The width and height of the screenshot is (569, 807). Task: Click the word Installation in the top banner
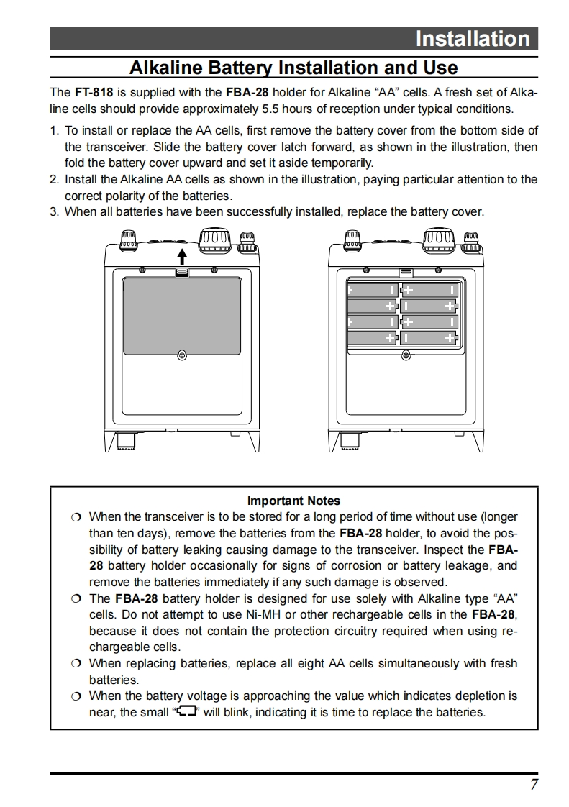tap(472, 39)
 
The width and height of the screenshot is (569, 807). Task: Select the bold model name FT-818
tap(93, 93)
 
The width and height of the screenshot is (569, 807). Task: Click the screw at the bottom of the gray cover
tap(182, 355)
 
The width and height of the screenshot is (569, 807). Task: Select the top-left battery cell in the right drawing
tap(372, 290)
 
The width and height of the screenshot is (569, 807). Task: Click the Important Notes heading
tap(293, 501)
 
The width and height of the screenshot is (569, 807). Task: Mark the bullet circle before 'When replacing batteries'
tap(76, 664)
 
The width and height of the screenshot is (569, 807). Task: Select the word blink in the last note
tap(247, 713)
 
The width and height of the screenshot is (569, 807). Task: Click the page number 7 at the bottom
tap(534, 785)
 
